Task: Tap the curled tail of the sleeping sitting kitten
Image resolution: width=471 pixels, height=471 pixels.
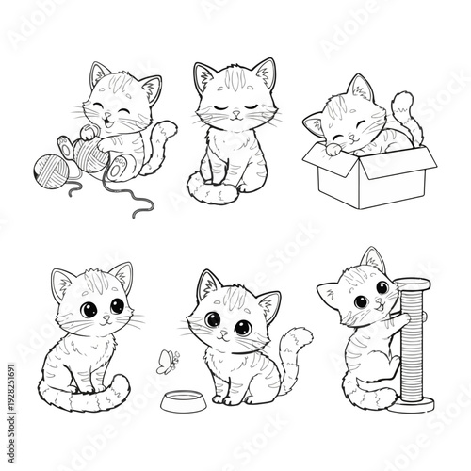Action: coord(213,194)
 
